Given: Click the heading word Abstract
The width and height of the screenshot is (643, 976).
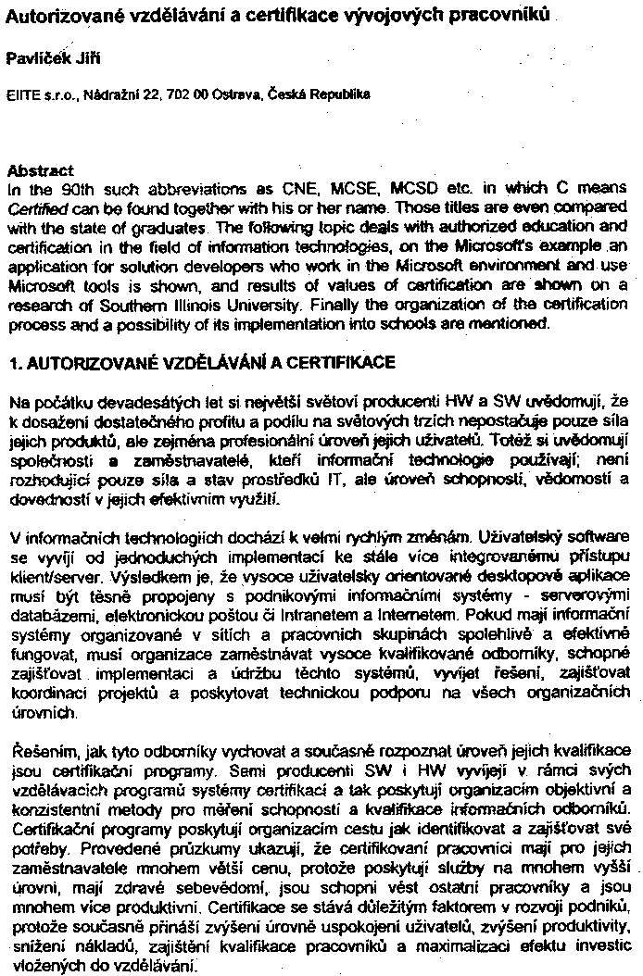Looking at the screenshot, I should (x=40, y=171).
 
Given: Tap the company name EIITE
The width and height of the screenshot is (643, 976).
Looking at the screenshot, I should (x=21, y=94).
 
